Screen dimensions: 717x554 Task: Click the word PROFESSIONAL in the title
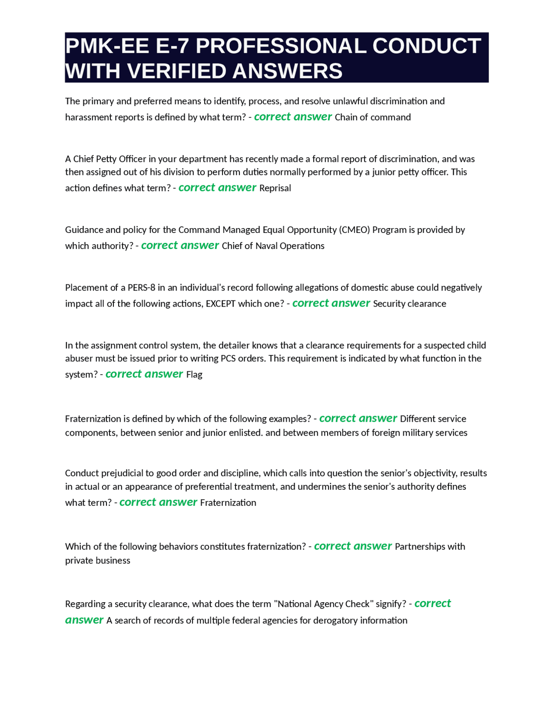click(281, 46)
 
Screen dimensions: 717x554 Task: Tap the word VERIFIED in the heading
click(179, 71)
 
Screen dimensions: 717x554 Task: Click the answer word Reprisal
click(275, 188)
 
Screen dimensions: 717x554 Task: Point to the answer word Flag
click(194, 375)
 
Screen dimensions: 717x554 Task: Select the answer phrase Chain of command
click(373, 117)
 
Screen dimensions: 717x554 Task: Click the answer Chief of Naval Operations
click(273, 246)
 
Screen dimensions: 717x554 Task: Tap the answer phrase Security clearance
click(409, 304)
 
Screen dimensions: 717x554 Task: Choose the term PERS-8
click(141, 288)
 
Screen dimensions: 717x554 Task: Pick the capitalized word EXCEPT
click(221, 304)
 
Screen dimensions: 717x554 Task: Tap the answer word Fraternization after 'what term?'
click(228, 503)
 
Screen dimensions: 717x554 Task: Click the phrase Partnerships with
click(430, 547)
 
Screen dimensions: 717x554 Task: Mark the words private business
click(97, 561)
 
